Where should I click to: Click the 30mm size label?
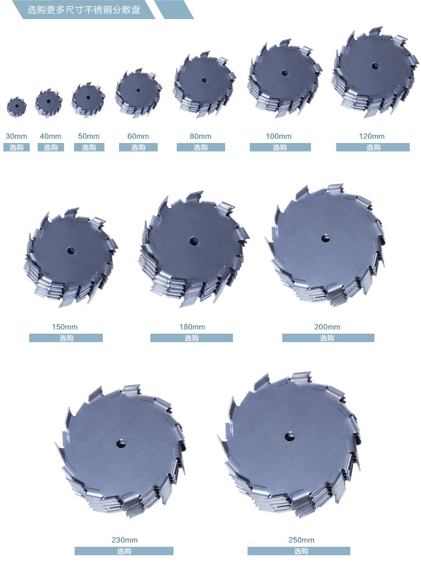[x=16, y=136]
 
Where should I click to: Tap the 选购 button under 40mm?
[x=51, y=147]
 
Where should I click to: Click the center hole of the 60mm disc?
[x=138, y=90]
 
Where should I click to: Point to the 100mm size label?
[x=278, y=136]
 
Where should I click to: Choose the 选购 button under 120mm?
[x=373, y=147]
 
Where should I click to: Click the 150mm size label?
[x=65, y=327]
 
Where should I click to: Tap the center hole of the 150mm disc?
[x=71, y=251]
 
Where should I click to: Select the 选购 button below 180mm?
[x=191, y=338]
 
